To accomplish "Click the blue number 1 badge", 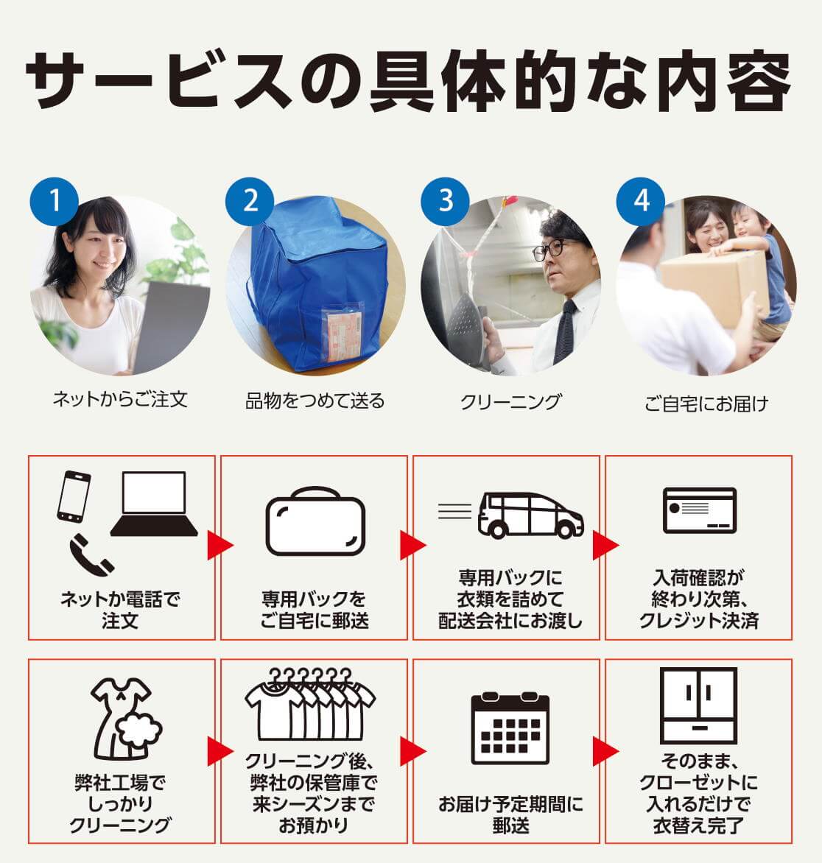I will click(55, 200).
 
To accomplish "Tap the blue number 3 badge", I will click(446, 200).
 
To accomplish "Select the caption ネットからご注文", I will click(120, 400).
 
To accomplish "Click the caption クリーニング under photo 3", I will click(510, 401).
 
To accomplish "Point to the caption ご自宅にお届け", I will click(706, 403).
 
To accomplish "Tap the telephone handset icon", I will click(91, 554).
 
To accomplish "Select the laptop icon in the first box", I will click(154, 504).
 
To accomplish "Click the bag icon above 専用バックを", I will click(315, 521).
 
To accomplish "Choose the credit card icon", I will click(699, 510).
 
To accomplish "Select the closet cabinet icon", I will click(698, 705).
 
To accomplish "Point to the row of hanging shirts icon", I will click(310, 705).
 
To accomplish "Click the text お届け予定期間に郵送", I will click(510, 814).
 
